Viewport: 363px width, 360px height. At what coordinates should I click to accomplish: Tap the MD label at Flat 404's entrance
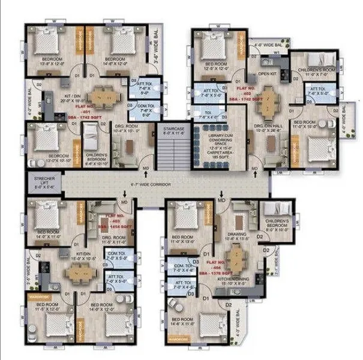click(x=221, y=199)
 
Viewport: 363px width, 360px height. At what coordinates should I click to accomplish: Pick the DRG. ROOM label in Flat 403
click(x=112, y=238)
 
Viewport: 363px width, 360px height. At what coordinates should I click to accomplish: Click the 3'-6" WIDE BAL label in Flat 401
click(x=158, y=58)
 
